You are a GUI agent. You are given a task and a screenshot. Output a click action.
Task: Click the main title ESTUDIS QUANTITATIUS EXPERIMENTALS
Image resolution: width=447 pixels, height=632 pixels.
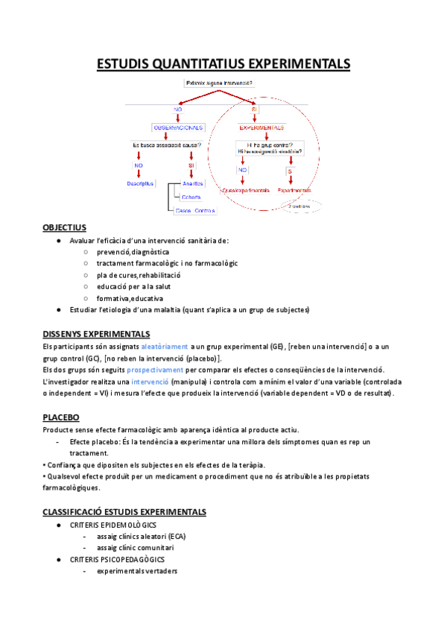(223, 65)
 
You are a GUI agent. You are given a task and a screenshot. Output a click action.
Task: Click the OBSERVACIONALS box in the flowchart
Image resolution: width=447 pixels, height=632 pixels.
(177, 127)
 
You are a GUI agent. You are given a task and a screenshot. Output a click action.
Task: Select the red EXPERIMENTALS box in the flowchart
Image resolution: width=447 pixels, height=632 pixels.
(261, 127)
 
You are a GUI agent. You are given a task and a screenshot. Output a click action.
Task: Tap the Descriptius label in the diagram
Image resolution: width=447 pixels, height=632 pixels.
(139, 183)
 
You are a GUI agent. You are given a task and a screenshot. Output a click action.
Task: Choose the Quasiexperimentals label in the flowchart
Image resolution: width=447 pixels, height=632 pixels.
(245, 191)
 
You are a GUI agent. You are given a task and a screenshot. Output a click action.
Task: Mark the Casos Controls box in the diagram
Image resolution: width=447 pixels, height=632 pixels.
(194, 211)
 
